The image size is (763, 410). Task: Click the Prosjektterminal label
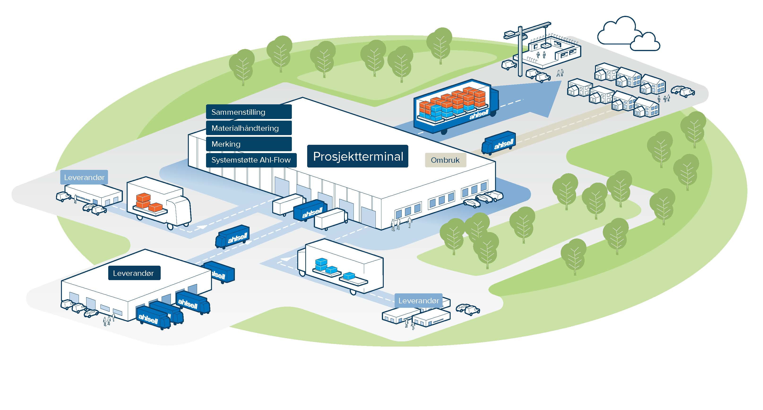358,156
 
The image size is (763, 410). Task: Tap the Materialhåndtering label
249,128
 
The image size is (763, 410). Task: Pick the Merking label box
249,144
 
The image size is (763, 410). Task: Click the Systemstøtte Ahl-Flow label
251,160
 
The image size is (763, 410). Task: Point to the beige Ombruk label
445,160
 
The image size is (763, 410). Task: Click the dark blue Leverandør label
134,273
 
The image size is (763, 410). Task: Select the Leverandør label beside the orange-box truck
84,177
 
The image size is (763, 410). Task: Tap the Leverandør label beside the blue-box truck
418,301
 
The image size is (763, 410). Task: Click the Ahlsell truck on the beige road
499,143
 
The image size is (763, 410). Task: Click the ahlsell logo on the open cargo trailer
479,114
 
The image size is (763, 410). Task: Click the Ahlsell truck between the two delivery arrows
233,236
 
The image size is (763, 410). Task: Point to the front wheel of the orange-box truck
170,226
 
